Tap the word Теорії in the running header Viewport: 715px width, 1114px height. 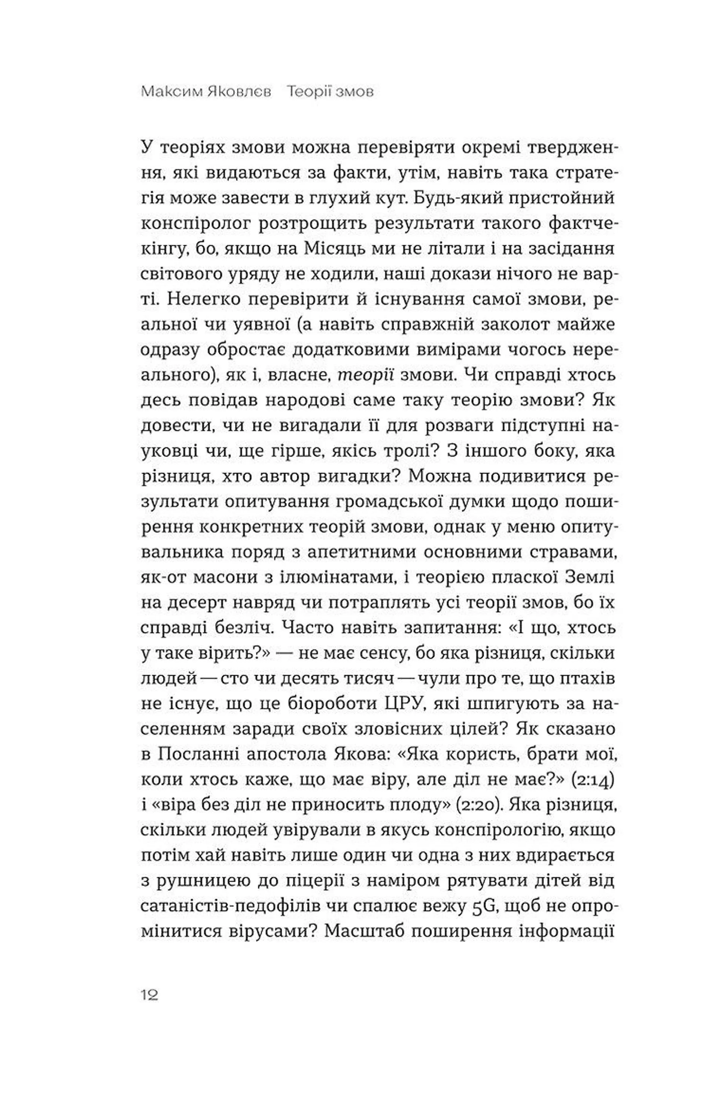[307, 92]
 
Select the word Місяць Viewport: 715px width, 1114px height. [330, 249]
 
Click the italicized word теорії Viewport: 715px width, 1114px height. [365, 375]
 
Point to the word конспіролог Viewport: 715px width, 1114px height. [195, 224]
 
